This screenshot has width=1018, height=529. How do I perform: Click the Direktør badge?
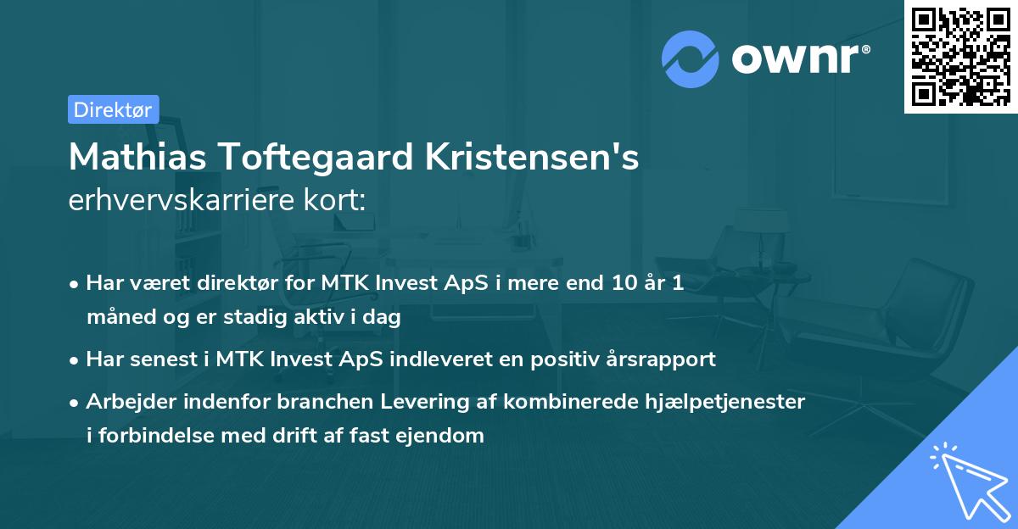(x=113, y=109)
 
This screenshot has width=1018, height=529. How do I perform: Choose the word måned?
(x=116, y=317)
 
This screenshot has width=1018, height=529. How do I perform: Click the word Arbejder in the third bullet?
(x=125, y=402)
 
